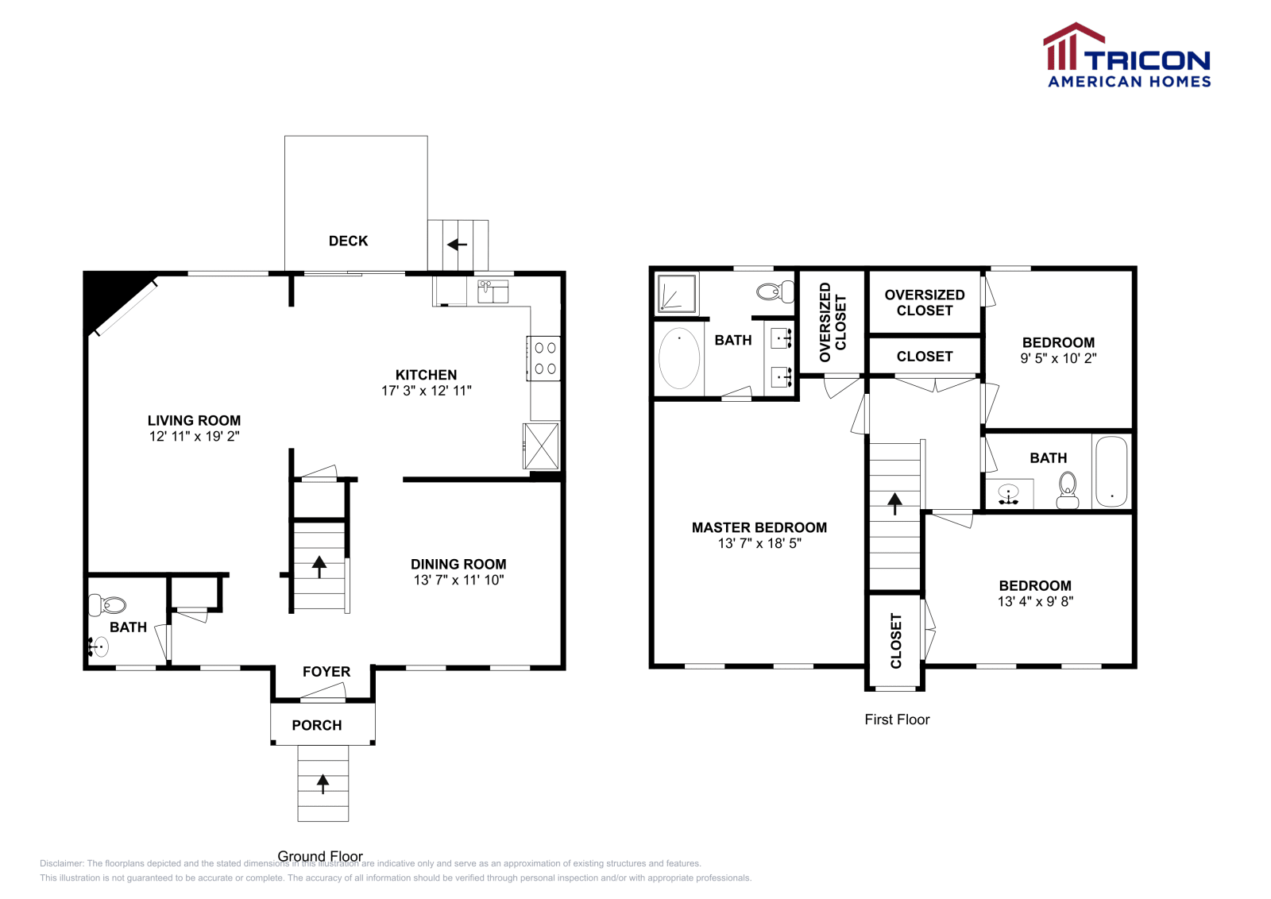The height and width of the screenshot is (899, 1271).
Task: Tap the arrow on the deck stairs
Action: (457, 245)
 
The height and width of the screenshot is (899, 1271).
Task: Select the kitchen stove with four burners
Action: (545, 358)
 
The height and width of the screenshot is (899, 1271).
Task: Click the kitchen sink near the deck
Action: (493, 291)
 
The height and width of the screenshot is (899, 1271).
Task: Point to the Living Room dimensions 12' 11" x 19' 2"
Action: (194, 436)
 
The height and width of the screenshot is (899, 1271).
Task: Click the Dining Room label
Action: (458, 564)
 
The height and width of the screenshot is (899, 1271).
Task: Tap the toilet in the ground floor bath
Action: (108, 605)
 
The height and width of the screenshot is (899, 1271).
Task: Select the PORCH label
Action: (316, 725)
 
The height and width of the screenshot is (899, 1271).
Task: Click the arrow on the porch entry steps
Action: (323, 784)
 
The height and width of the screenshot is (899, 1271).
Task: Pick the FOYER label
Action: (326, 672)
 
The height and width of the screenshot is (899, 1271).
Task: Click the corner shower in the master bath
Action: (677, 294)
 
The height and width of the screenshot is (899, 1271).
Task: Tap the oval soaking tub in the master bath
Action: (679, 358)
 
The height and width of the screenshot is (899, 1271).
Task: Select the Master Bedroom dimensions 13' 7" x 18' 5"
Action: (759, 543)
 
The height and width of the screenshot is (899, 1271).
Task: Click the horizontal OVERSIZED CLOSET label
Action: (924, 303)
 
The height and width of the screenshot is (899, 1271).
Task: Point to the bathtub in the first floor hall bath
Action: (1111, 471)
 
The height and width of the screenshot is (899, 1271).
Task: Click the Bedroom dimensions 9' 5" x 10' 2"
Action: (1058, 358)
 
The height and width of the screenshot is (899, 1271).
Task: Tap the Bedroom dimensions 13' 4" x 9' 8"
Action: (1035, 601)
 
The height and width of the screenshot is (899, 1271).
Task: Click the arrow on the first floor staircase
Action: (895, 503)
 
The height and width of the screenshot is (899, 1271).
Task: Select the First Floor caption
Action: (897, 720)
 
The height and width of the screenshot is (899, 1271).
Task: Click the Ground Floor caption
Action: (320, 856)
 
